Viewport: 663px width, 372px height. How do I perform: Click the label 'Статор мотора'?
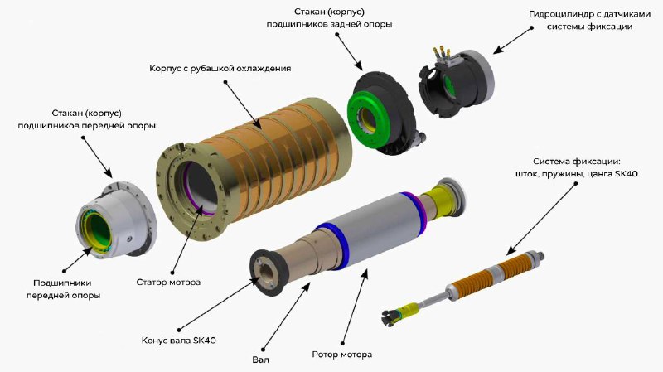click(x=168, y=282)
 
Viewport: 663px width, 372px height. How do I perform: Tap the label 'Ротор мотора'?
click(x=342, y=355)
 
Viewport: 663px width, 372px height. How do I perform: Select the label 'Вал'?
click(x=260, y=360)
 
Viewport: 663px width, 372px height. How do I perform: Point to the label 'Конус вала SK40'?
click(x=179, y=341)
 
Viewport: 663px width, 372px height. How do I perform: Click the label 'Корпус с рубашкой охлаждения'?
click(x=220, y=68)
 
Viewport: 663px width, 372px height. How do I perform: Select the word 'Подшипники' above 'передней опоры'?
click(x=62, y=283)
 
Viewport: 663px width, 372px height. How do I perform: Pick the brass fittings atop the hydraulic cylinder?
click(x=440, y=53)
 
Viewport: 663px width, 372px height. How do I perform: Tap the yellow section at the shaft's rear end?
click(x=444, y=198)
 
